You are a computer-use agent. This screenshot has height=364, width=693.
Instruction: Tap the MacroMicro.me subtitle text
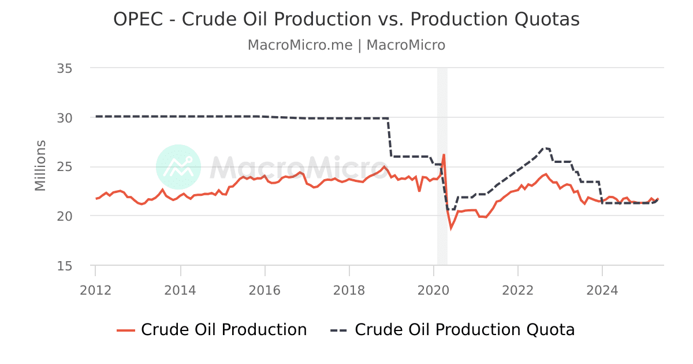coord(300,45)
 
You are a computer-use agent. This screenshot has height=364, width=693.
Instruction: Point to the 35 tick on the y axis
coord(64,68)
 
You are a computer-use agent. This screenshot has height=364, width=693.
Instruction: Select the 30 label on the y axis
coord(64,117)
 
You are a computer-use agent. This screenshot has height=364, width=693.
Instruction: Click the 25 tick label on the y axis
coord(64,167)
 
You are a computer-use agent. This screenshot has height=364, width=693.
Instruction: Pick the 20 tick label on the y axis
coord(64,216)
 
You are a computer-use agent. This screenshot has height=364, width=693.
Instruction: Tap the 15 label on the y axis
coord(64,266)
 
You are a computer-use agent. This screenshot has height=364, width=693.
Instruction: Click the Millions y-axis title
coord(40,165)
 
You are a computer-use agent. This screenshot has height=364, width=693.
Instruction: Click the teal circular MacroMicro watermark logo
coord(178,167)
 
